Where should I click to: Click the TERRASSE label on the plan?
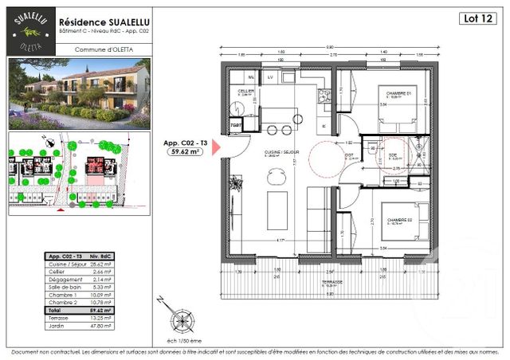332,282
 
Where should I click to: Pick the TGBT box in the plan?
236,126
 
